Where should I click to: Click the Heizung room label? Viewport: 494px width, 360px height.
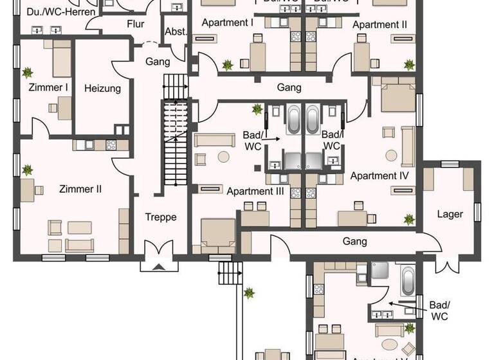[102, 88]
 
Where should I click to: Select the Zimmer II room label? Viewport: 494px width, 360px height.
[80, 189]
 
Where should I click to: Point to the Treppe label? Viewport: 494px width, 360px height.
[161, 217]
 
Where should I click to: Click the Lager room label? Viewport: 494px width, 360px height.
[450, 213]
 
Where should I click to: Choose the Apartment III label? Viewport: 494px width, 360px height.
[255, 190]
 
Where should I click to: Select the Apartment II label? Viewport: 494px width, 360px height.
[380, 24]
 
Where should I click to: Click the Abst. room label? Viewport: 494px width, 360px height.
[175, 33]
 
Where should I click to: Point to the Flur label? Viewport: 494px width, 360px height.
[135, 24]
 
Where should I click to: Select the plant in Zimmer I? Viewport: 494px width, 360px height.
[28, 73]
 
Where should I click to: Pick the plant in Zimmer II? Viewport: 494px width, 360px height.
[28, 170]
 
